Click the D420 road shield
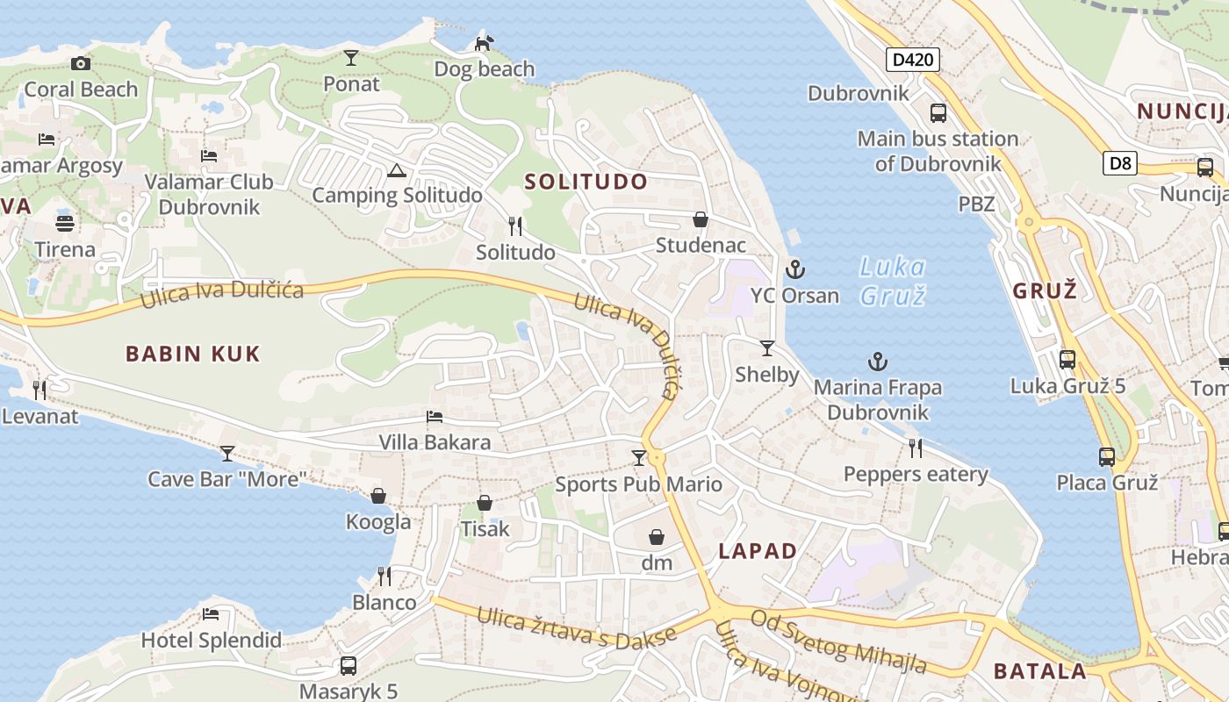(x=913, y=60)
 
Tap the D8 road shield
(x=1119, y=162)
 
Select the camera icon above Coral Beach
(x=81, y=63)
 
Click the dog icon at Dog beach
(x=484, y=42)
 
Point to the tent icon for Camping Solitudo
(x=396, y=170)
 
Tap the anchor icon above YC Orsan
(x=795, y=269)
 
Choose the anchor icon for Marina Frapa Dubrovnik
(x=877, y=362)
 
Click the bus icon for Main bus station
(x=938, y=112)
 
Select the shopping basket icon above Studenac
(x=701, y=219)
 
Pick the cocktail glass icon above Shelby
(x=767, y=348)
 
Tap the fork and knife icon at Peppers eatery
(x=916, y=448)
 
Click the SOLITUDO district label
(x=586, y=182)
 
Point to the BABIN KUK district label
(x=193, y=354)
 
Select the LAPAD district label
(x=758, y=551)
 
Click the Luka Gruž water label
(x=893, y=281)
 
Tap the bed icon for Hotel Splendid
(x=211, y=614)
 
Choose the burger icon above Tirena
(x=65, y=222)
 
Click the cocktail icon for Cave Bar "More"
(x=227, y=453)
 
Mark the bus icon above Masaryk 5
(x=349, y=665)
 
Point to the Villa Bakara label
(x=435, y=442)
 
